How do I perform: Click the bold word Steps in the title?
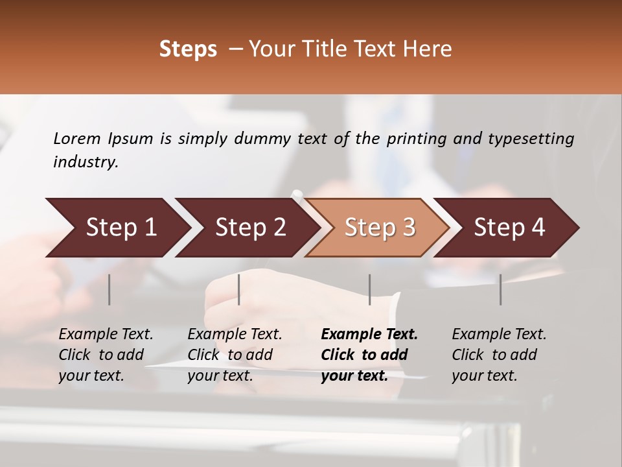click(x=188, y=49)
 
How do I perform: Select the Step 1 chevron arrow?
click(x=117, y=228)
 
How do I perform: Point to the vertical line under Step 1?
click(x=109, y=289)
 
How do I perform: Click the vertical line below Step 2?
click(x=239, y=289)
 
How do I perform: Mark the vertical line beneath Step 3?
click(x=370, y=289)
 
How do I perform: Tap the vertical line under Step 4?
click(x=500, y=289)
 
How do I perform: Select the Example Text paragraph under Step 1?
click(x=106, y=355)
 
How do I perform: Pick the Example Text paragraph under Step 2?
click(x=235, y=355)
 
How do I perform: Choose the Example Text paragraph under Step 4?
click(x=499, y=355)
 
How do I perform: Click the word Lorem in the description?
click(x=76, y=139)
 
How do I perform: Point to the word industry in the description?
click(x=85, y=162)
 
